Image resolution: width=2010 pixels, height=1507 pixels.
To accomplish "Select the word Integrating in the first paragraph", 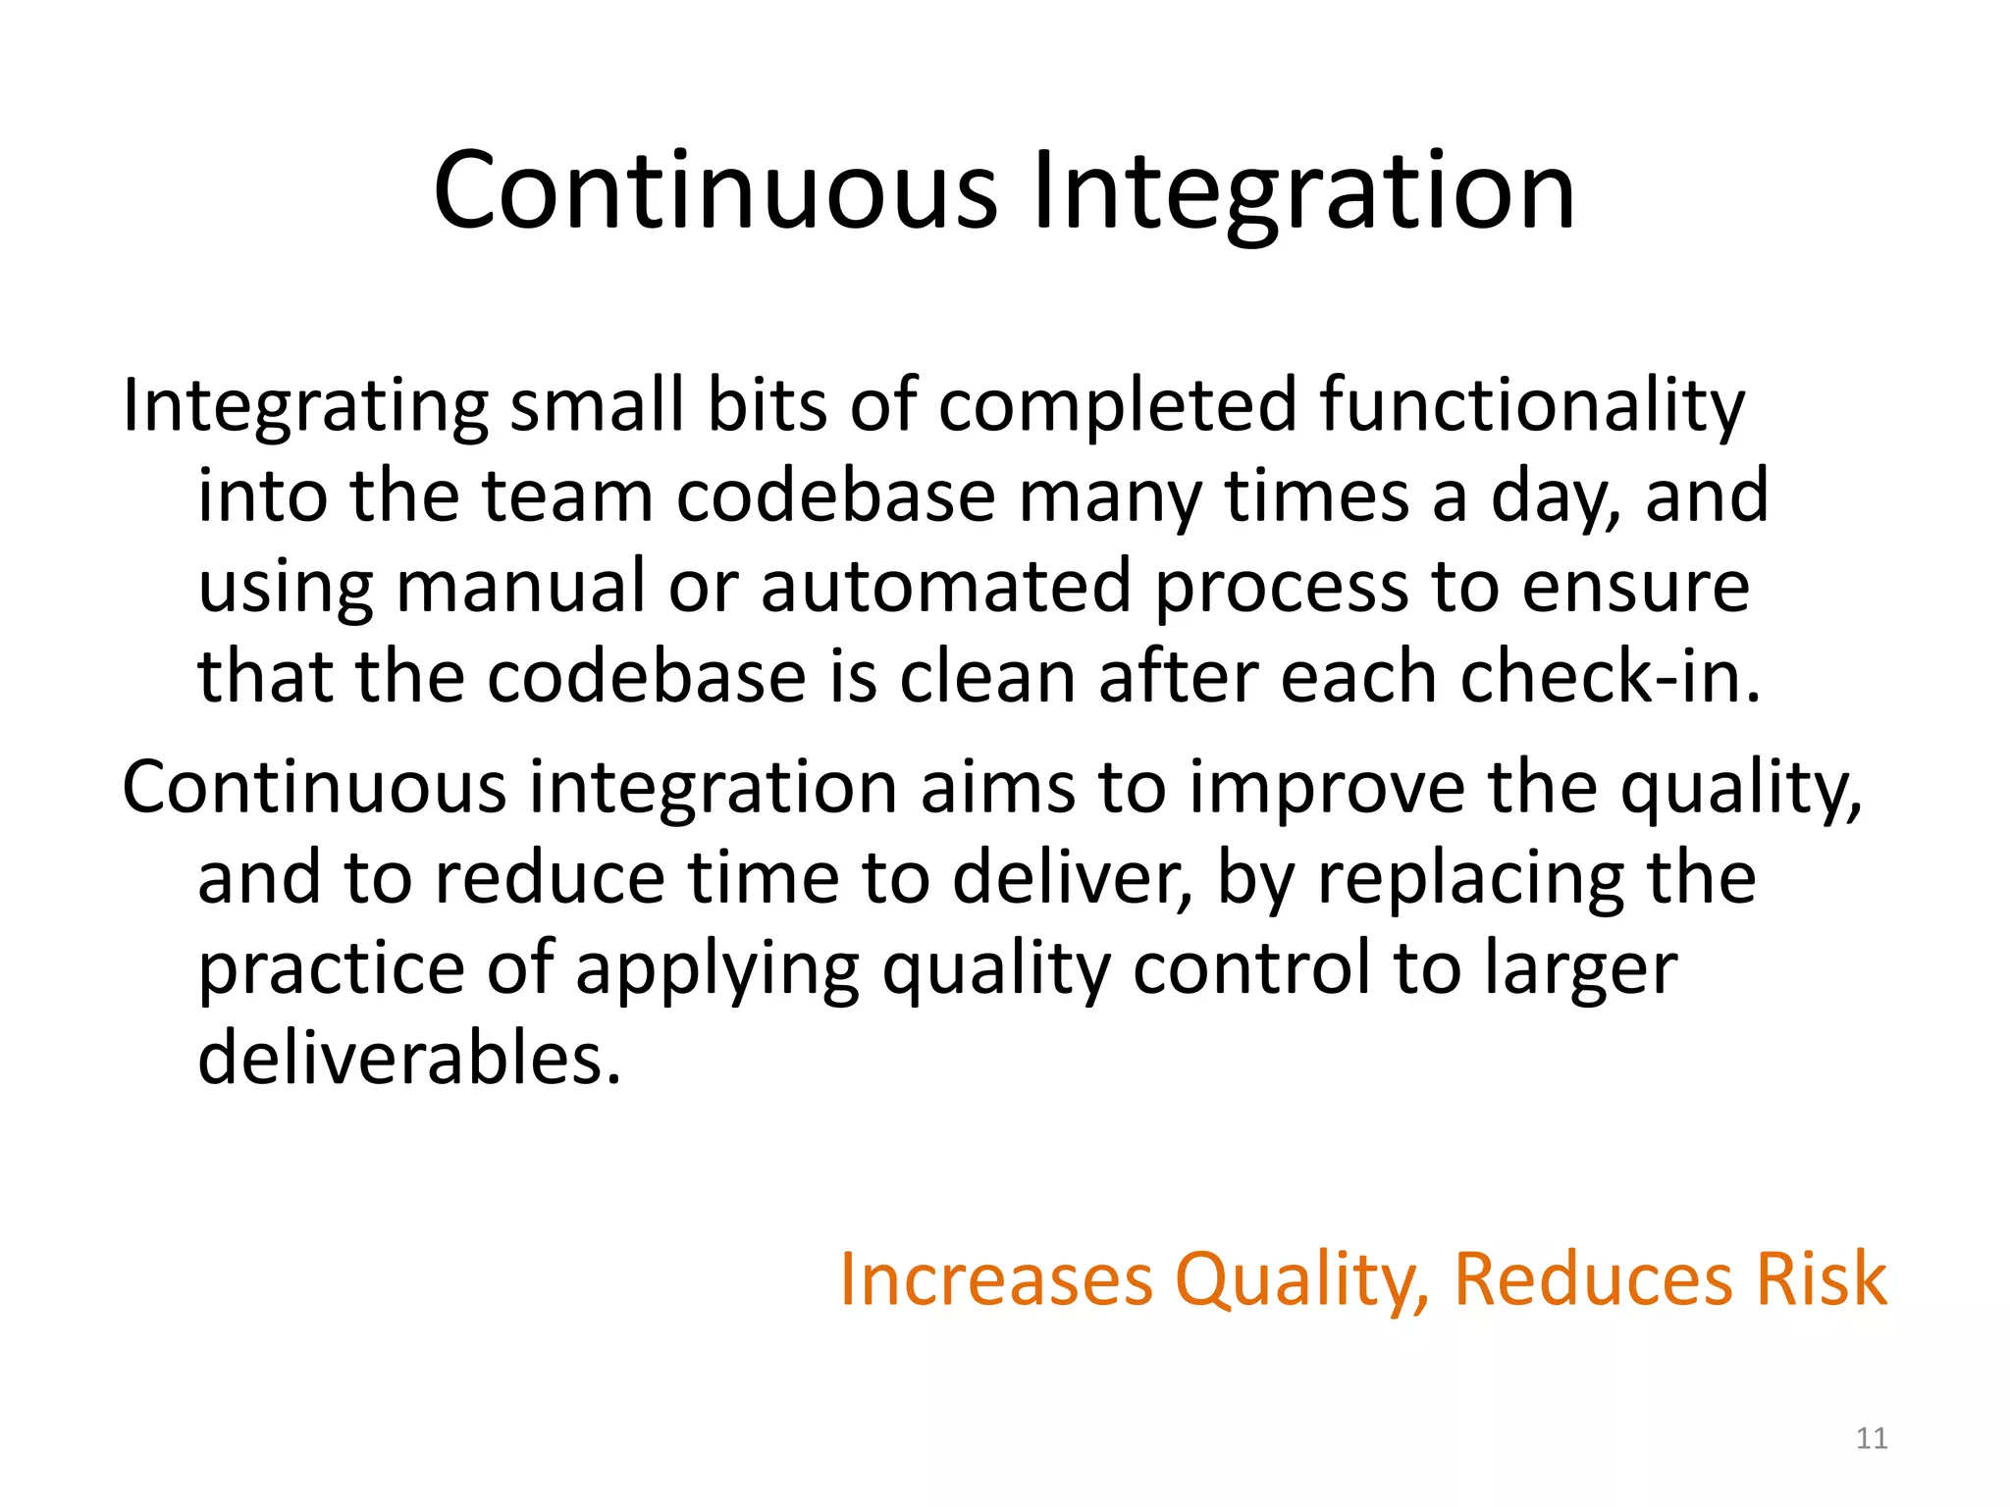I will (304, 406).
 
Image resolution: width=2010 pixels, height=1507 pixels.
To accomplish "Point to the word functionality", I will (1532, 406).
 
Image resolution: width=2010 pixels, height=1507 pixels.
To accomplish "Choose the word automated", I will (946, 587).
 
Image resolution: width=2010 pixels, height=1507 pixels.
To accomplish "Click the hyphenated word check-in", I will (1611, 677).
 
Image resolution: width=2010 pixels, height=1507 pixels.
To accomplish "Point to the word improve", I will (1328, 789).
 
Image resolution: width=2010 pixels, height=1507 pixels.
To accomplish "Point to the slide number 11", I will (1872, 1438).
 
